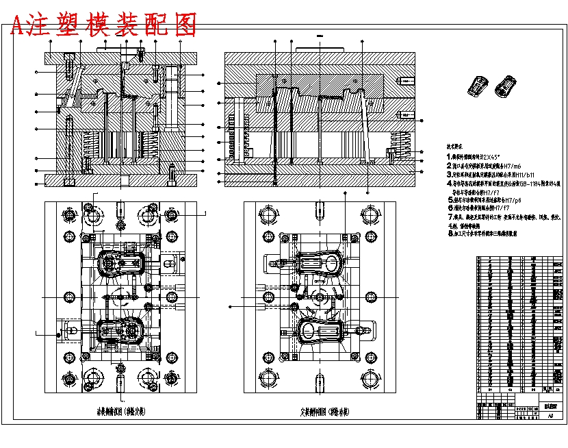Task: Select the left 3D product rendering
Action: pyautogui.click(x=477, y=87)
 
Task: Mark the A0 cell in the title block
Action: pyautogui.click(x=550, y=415)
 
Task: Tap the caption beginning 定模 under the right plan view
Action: pyautogui.click(x=324, y=412)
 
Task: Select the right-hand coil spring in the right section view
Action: pyautogui.click(x=399, y=146)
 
